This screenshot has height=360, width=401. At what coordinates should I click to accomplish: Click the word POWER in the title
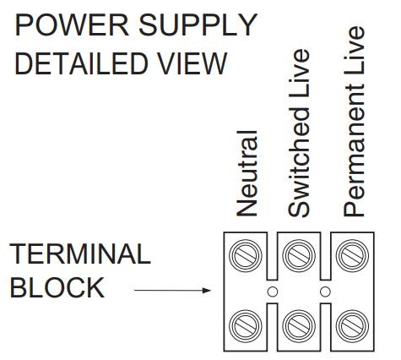pyautogui.click(x=72, y=25)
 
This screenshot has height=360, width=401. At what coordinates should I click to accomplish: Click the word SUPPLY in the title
pyautogui.click(x=198, y=25)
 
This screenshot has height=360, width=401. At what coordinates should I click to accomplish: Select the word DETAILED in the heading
pyautogui.click(x=81, y=63)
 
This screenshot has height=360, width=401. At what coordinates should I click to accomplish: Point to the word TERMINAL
pyautogui.click(x=80, y=254)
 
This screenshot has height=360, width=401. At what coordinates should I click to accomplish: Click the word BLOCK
pyautogui.click(x=57, y=287)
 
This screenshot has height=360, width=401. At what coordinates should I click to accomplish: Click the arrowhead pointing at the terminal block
pyautogui.click(x=207, y=290)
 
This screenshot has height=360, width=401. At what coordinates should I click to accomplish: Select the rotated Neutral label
pyautogui.click(x=247, y=173)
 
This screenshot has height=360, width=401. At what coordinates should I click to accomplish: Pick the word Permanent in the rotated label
pyautogui.click(x=354, y=150)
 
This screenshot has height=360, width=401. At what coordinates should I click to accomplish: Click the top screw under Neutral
pyautogui.click(x=246, y=255)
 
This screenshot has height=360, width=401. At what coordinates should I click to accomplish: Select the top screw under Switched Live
pyautogui.click(x=299, y=255)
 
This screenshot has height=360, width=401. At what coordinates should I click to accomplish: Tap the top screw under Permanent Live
pyautogui.click(x=352, y=255)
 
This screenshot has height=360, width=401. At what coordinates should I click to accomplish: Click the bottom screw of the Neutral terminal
pyautogui.click(x=246, y=326)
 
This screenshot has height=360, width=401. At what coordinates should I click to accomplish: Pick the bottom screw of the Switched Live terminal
pyautogui.click(x=299, y=326)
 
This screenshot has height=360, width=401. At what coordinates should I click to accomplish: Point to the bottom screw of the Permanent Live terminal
pyautogui.click(x=352, y=326)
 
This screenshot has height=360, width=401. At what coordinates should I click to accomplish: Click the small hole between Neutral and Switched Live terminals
pyautogui.click(x=273, y=292)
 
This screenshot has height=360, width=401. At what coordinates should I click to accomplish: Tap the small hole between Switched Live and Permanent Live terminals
pyautogui.click(x=326, y=292)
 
